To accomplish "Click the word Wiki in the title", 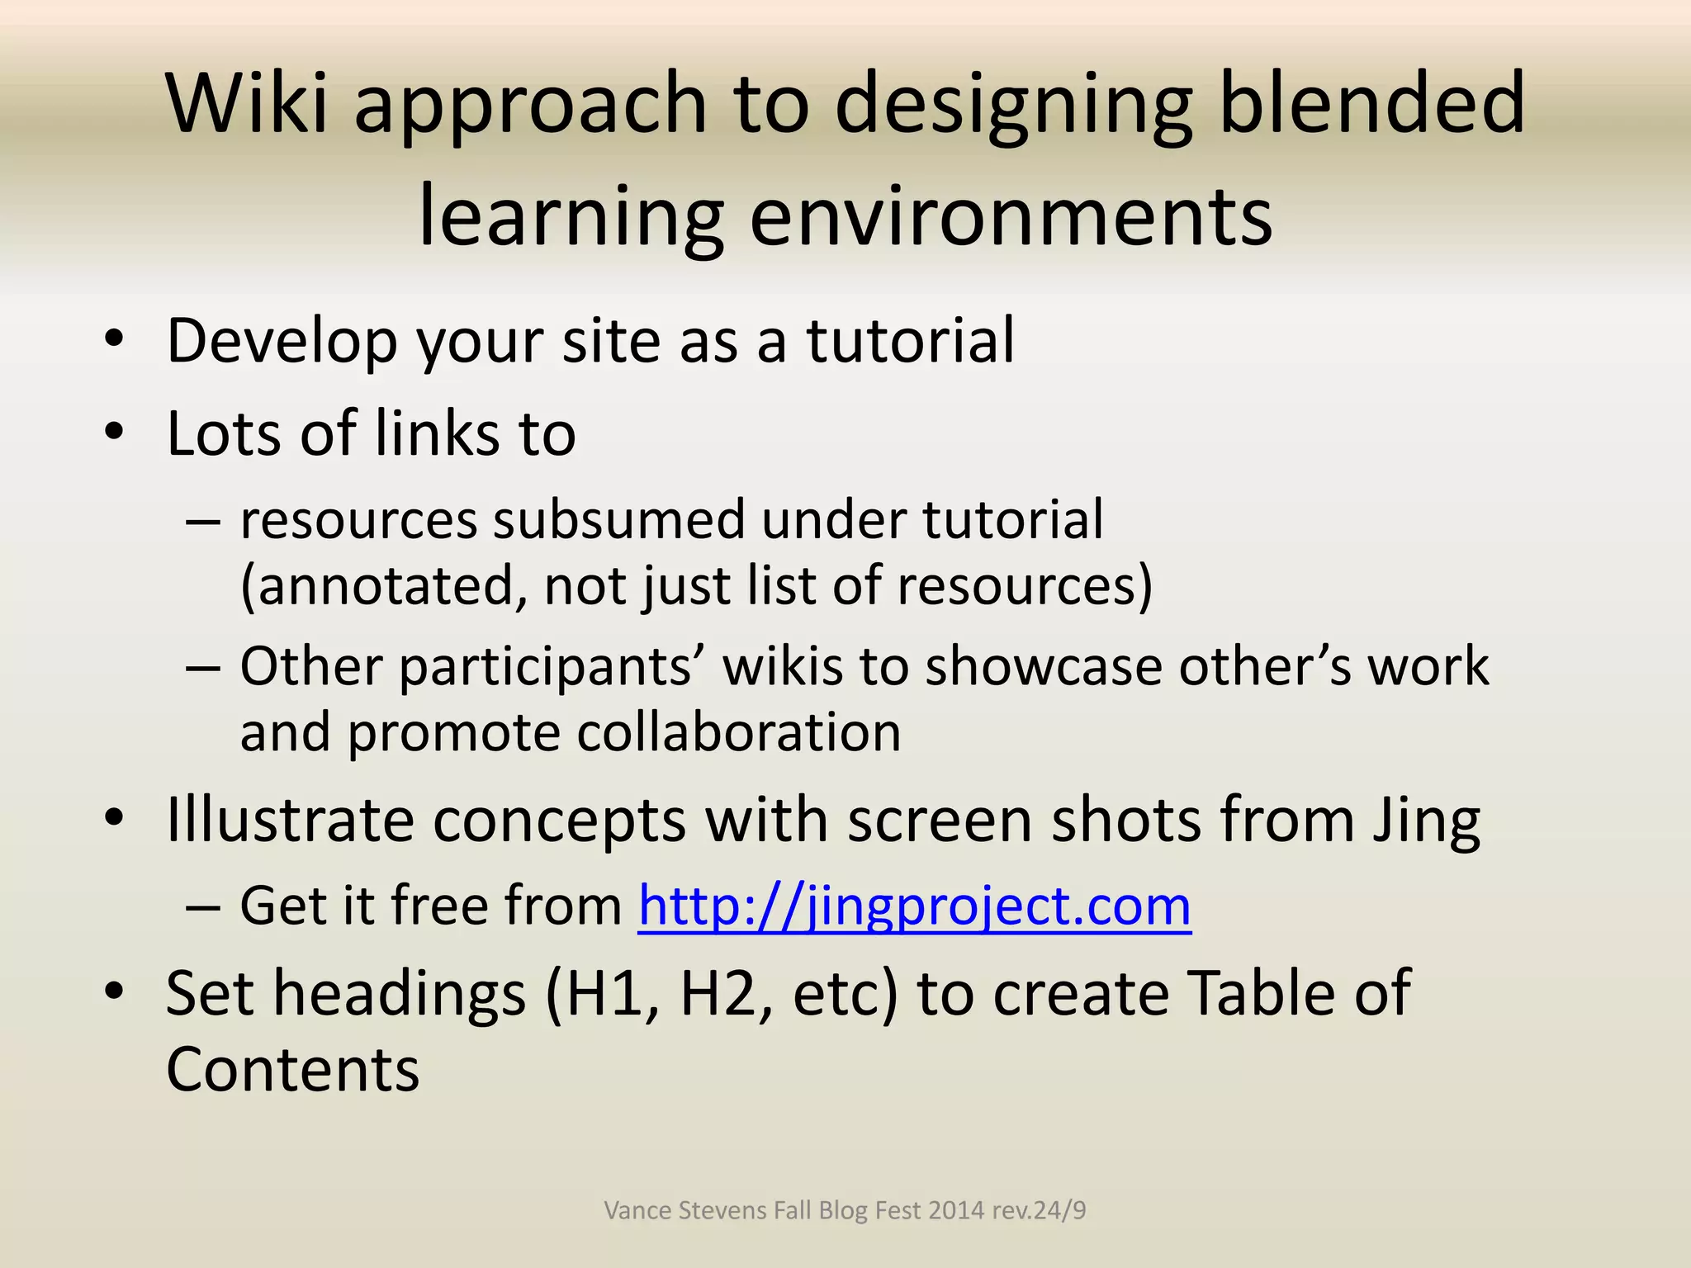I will (248, 102).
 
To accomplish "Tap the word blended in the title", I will (1371, 102).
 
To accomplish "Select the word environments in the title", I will (1011, 216).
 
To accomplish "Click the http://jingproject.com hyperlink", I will (914, 906).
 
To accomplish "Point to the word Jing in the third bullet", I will (1426, 821).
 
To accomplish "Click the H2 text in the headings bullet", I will (726, 993).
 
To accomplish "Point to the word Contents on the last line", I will (293, 1071).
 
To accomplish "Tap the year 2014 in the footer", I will (956, 1210).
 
